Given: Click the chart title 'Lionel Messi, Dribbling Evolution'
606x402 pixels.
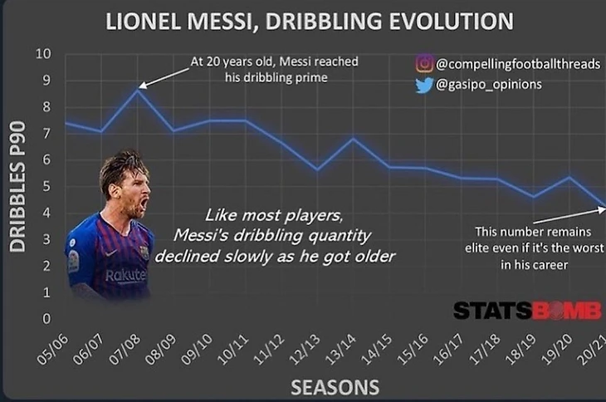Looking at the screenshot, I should pos(310,20).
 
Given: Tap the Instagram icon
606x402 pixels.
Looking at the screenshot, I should pos(424,64).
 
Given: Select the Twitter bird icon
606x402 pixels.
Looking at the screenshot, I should pos(424,84).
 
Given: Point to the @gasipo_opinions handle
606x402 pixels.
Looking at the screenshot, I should pos(489,84).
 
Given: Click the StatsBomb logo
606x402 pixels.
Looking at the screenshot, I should pos(527,311).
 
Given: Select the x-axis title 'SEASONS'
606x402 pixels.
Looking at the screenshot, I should pos(335,387).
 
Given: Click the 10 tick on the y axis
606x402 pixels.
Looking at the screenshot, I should pos(42,54).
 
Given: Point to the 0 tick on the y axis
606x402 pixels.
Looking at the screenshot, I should pos(46,319).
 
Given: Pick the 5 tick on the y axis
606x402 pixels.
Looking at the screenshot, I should pos(46,187).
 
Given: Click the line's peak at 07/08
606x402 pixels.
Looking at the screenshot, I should pos(138,89).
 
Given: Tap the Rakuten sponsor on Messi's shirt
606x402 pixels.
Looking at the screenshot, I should pos(125,274).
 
